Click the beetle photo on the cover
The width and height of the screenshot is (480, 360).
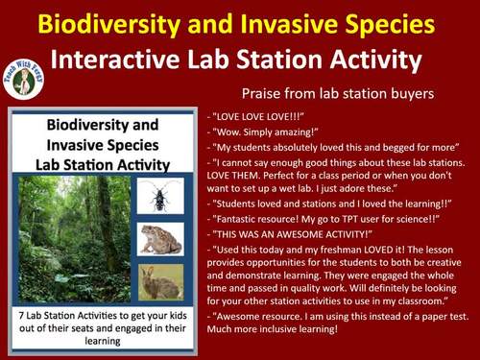point(159,198)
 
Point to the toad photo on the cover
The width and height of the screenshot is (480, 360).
point(159,239)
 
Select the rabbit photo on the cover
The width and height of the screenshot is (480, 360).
point(159,280)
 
